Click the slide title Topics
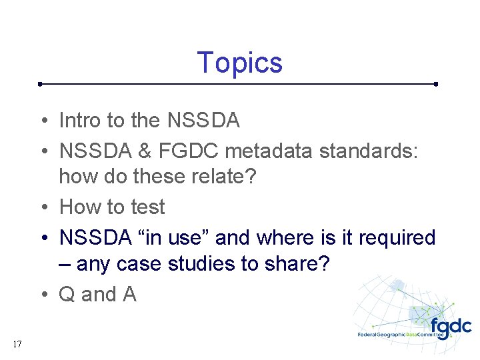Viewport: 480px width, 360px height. click(x=240, y=63)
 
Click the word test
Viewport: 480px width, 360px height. click(x=147, y=207)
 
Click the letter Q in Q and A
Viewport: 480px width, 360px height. click(x=67, y=294)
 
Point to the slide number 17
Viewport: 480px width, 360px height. click(x=17, y=344)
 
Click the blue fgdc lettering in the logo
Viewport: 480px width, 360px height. click(x=451, y=327)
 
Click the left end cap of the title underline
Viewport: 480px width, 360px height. click(x=41, y=85)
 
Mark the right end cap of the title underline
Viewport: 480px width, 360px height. click(x=435, y=85)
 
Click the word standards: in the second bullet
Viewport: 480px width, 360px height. click(x=369, y=151)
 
